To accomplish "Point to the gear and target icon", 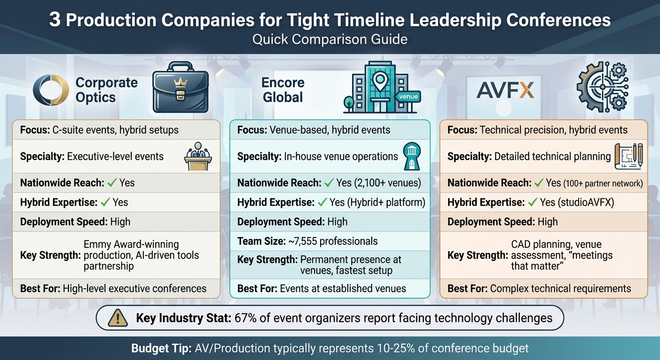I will pyautogui.click(x=601, y=89).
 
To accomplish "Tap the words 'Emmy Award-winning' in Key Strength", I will pyautogui.click(x=131, y=244).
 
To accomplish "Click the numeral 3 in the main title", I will pyautogui.click(x=55, y=20).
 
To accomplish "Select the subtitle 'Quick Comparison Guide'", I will pyautogui.click(x=330, y=39).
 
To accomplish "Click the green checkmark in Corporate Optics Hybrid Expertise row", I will pyautogui.click(x=105, y=202).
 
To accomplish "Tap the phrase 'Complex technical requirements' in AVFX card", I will pyautogui.click(x=561, y=288).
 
